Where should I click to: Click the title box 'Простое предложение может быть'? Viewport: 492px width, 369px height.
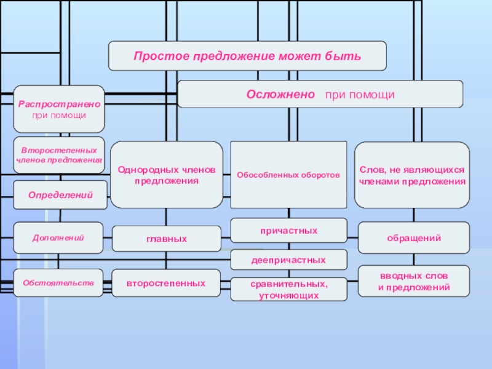coord(247,56)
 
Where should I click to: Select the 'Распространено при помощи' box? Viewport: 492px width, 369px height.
coord(59,109)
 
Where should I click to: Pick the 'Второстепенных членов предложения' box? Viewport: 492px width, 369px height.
coord(59,155)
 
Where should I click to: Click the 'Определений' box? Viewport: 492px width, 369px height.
coord(59,195)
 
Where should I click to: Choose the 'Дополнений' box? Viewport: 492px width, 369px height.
coord(59,237)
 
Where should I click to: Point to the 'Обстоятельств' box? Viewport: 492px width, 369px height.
coord(59,283)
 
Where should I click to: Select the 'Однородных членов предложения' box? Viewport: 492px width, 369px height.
coord(167,175)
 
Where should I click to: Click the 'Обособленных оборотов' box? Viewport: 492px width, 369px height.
coord(288,175)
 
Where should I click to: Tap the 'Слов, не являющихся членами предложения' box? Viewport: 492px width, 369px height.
coord(412,175)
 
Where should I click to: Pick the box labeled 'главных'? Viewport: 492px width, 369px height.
coord(167,239)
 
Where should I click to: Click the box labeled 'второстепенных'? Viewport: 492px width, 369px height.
coord(167,284)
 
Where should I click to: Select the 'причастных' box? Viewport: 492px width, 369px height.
coord(288,231)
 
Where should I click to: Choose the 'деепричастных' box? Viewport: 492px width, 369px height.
coord(288,260)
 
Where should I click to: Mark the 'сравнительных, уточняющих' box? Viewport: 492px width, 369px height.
coord(288,290)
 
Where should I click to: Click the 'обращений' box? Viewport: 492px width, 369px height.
coord(413,238)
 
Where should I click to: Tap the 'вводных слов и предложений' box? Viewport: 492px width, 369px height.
coord(413,282)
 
